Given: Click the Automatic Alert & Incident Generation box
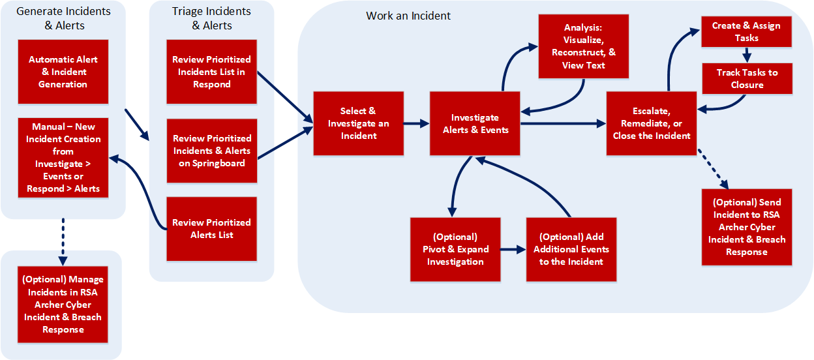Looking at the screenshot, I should tap(63, 72).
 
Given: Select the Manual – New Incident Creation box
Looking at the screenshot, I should tap(63, 157).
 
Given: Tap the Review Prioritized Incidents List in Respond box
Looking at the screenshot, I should tap(212, 72).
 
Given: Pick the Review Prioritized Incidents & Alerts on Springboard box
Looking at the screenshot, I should tap(212, 151).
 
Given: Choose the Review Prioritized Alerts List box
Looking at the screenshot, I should tap(212, 228).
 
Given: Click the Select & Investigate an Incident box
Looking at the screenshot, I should tap(359, 123).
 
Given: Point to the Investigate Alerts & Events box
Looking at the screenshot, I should tap(475, 123).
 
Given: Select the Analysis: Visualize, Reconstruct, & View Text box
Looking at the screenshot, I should tap(584, 47).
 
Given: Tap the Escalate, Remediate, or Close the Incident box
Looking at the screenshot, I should tap(652, 123).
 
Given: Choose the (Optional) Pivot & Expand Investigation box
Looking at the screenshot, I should tap(455, 249).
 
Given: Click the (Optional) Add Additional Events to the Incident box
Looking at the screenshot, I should tap(571, 249).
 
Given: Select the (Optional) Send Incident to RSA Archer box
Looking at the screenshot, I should tap(747, 227).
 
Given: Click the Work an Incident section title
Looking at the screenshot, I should tap(408, 16).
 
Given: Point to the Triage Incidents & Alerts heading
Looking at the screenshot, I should tap(212, 18).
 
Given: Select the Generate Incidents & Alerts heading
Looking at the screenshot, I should tap(63, 18).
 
